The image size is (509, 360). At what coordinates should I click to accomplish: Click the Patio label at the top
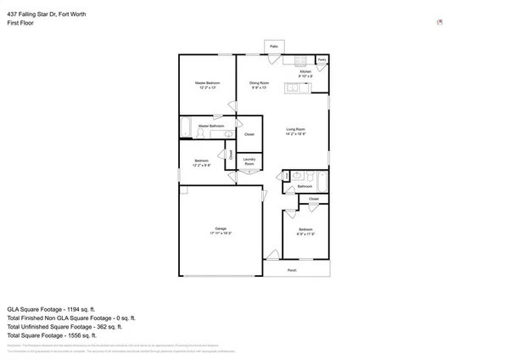273,46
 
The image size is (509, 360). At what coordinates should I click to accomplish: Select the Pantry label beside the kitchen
322,60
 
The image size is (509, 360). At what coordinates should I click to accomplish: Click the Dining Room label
259,84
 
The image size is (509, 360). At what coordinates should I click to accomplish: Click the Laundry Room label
249,161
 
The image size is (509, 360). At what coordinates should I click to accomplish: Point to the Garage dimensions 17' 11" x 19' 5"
220,233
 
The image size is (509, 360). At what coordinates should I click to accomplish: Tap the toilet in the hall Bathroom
311,178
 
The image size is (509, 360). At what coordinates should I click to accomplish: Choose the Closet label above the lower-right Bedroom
314,199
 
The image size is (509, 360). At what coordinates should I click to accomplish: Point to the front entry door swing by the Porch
272,254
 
